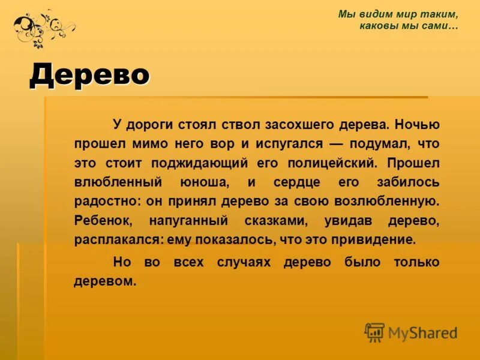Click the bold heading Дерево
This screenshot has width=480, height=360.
click(x=89, y=74)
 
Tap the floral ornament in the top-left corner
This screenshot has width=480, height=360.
click(x=43, y=27)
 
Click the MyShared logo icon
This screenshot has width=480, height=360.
click(x=374, y=332)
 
